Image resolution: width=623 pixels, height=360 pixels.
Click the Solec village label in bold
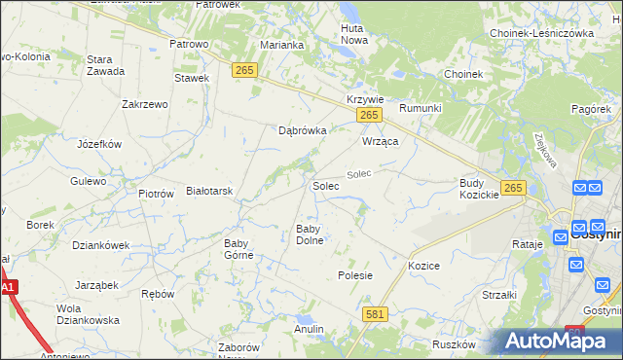tap(325, 185)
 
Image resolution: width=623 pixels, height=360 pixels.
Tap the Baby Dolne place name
tap(310, 234)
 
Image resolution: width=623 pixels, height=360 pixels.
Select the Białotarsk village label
tap(209, 192)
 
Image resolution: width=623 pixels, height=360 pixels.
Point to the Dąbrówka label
tap(302, 129)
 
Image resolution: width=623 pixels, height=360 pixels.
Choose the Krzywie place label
tap(366, 100)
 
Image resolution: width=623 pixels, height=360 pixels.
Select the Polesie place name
tap(355, 275)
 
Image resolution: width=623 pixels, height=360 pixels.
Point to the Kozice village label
tap(424, 266)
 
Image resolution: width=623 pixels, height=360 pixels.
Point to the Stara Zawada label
tap(105, 65)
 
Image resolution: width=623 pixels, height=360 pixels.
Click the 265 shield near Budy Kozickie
tap(514, 188)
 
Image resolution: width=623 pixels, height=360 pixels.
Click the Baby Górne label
tap(238, 249)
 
